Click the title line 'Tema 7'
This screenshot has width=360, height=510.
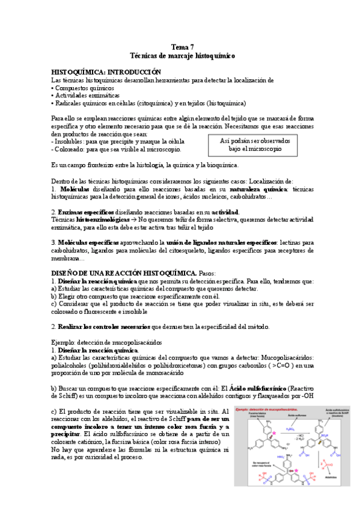(x=183, y=47)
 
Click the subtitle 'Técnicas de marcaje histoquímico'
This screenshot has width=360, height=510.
(x=183, y=55)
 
